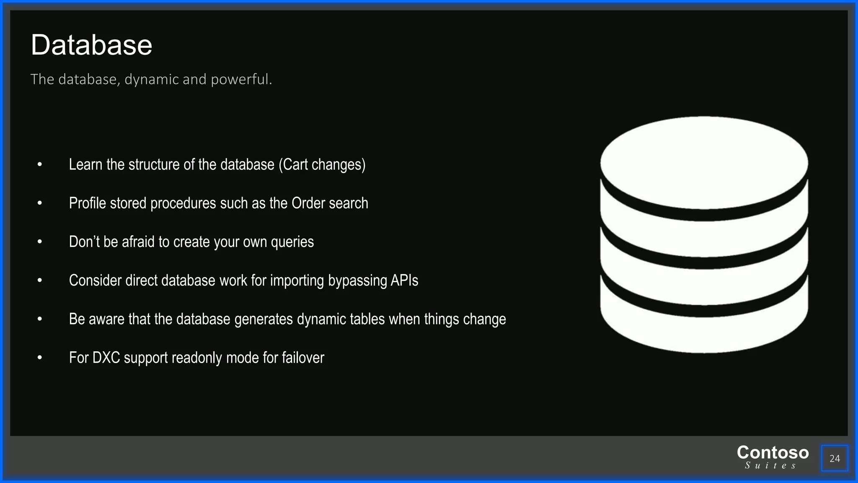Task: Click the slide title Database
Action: [x=91, y=45]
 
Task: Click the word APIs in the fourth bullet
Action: [x=404, y=280]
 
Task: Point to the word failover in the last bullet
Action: [x=303, y=358]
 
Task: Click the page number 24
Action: [x=835, y=458]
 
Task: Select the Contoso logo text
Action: [x=773, y=452]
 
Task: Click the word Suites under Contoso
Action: [x=770, y=466]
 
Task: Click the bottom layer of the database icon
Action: [x=704, y=331]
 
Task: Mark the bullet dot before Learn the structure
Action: [x=40, y=165]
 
